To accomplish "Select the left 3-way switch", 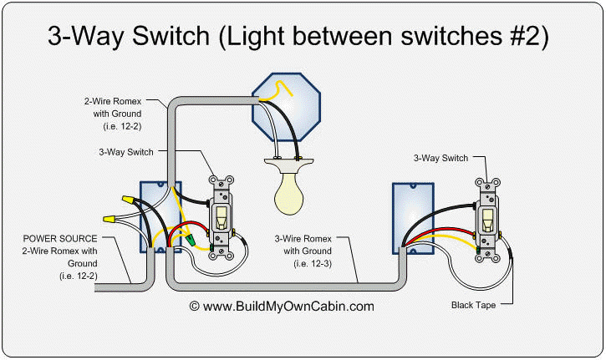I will [222, 217].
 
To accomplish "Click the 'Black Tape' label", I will [473, 306].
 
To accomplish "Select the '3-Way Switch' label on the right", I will [440, 158].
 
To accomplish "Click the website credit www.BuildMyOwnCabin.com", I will [289, 307].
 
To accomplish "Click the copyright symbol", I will [196, 307].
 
